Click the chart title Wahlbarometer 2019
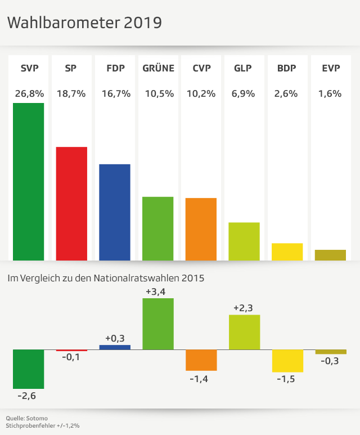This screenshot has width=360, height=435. pyautogui.click(x=84, y=23)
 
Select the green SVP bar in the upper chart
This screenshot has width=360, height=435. pyautogui.click(x=28, y=181)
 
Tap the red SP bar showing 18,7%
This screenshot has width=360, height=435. pyautogui.click(x=71, y=203)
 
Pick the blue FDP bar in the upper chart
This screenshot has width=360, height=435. pyautogui.click(x=115, y=212)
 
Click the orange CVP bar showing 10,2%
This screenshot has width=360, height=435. pyautogui.click(x=201, y=229)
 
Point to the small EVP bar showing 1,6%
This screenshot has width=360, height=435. pyautogui.click(x=330, y=255)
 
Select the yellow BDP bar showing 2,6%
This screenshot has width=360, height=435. pyautogui.click(x=287, y=252)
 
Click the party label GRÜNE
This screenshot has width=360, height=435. pyautogui.click(x=158, y=69)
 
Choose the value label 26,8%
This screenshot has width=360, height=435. pyautogui.click(x=28, y=94)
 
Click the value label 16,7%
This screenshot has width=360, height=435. pyautogui.click(x=115, y=94)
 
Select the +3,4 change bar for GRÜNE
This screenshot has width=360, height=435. pyautogui.click(x=158, y=324)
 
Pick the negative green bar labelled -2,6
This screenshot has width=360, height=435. pyautogui.click(x=28, y=369)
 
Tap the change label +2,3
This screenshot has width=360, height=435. pyautogui.click(x=244, y=308)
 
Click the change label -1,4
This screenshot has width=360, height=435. pyautogui.click(x=201, y=379)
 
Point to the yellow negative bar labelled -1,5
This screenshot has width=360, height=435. pyautogui.click(x=287, y=361)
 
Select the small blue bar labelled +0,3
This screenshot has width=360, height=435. pyautogui.click(x=115, y=347)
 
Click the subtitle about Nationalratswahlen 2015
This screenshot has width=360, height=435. pyautogui.click(x=105, y=278)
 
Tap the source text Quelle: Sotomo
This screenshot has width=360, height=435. pyautogui.click(x=27, y=418)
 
